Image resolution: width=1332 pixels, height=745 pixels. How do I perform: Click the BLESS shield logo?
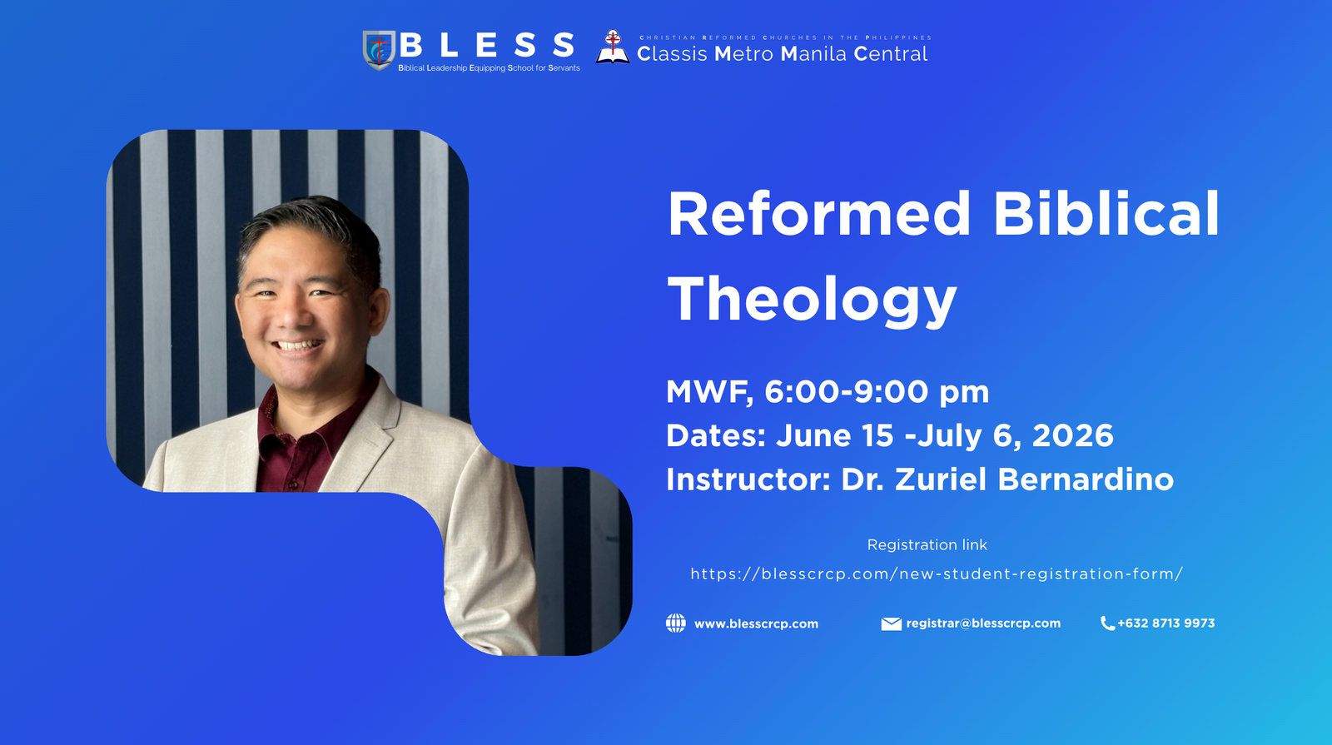[379, 49]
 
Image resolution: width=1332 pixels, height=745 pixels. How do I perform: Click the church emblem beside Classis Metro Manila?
[613, 47]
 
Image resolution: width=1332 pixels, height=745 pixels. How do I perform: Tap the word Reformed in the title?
[818, 214]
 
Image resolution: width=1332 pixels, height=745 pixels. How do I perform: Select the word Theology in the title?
[812, 300]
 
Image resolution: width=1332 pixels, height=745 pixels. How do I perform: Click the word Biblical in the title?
[1106, 214]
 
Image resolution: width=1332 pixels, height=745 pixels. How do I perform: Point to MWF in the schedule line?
[708, 392]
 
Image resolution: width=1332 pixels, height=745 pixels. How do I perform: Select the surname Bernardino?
[1085, 479]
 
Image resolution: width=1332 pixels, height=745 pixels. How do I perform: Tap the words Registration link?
[927, 545]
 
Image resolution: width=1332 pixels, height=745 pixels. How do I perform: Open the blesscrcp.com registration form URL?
[937, 574]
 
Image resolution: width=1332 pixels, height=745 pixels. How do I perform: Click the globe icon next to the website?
[676, 623]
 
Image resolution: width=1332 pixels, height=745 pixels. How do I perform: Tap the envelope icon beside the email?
[891, 623]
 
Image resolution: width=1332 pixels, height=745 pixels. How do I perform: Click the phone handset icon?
[1107, 623]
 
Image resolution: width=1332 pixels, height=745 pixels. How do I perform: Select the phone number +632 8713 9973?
[1165, 623]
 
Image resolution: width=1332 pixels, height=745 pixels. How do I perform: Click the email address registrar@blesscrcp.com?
[983, 623]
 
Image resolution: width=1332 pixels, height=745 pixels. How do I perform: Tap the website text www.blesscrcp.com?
[756, 623]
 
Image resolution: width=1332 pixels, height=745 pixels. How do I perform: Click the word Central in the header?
[891, 54]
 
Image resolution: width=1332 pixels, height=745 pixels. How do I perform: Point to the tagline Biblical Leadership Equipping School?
[489, 68]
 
